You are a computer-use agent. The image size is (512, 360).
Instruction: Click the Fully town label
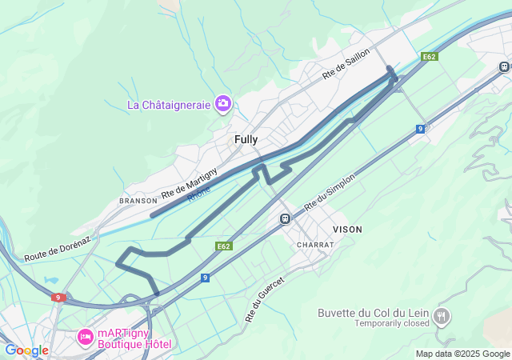[246, 139]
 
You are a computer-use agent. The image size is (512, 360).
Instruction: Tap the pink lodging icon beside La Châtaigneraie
[222, 104]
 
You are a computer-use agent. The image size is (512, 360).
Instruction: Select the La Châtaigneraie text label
[169, 105]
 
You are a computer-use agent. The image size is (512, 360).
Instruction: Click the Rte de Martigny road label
[189, 183]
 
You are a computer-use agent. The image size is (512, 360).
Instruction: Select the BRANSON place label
[138, 201]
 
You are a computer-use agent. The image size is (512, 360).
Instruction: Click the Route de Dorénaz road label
[58, 247]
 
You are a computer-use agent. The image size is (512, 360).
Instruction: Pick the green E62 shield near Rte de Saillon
[430, 57]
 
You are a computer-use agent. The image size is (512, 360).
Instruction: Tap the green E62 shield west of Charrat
[224, 246]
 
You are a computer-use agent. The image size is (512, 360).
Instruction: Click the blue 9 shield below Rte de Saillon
[420, 128]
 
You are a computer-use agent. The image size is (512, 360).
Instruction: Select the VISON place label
[347, 229]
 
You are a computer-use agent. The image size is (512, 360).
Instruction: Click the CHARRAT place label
[314, 244]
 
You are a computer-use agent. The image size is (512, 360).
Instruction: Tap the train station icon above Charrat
[285, 218]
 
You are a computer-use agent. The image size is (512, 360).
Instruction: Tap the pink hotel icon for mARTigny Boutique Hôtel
[84, 338]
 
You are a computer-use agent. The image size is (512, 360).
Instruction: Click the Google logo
[26, 350]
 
